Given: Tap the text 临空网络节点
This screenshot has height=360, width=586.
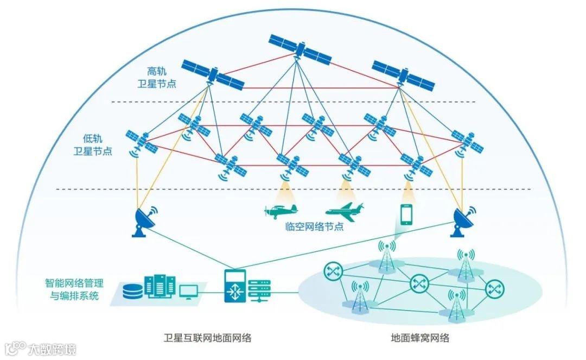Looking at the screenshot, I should pyautogui.click(x=314, y=226).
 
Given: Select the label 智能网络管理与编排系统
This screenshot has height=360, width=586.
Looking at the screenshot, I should pyautogui.click(x=74, y=289).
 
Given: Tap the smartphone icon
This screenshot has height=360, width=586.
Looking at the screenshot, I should pyautogui.click(x=406, y=214).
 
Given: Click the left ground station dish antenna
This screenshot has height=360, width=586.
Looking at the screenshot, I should pyautogui.click(x=144, y=222).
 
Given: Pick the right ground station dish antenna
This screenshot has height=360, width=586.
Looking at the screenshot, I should pyautogui.click(x=463, y=222).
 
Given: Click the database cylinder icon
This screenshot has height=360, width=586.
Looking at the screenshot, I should pyautogui.click(x=132, y=290).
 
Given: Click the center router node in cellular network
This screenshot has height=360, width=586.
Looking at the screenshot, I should pyautogui.click(x=418, y=282).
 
